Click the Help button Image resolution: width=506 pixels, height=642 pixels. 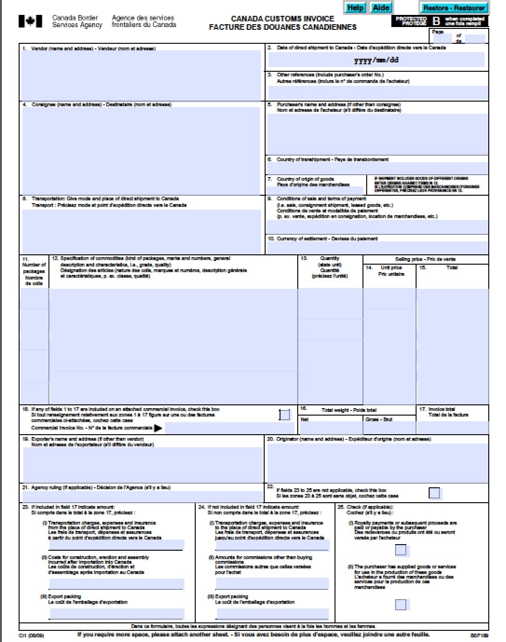click(x=356, y=7)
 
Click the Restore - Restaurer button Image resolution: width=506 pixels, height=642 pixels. click(x=454, y=8)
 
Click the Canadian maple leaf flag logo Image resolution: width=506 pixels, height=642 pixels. click(x=30, y=21)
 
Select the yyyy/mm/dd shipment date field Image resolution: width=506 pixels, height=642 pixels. click(x=376, y=60)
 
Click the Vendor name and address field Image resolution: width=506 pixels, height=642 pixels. click(x=142, y=75)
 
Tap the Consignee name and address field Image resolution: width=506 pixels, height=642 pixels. click(x=141, y=150)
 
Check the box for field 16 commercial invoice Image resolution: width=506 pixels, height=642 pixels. click(x=284, y=415)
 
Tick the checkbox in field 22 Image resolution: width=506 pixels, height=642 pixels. click(x=434, y=493)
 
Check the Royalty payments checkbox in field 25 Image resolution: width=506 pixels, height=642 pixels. click(x=401, y=550)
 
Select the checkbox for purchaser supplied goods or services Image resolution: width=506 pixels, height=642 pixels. click(x=401, y=604)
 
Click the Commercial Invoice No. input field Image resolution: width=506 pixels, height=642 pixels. click(x=230, y=428)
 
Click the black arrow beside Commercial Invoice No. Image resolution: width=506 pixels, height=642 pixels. click(x=158, y=428)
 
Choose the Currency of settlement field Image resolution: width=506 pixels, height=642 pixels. click(x=377, y=247)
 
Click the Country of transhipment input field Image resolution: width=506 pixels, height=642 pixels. click(x=377, y=168)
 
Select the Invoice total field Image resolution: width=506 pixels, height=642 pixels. click(x=452, y=427)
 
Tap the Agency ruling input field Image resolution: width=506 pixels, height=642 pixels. click(x=142, y=497)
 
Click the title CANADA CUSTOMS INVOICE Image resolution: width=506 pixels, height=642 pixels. click(x=282, y=19)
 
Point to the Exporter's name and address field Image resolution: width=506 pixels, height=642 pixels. click(x=142, y=465)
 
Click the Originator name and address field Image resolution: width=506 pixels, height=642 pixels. click(x=377, y=462)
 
